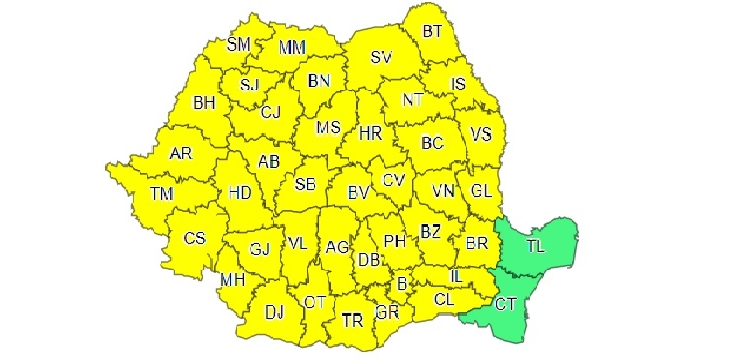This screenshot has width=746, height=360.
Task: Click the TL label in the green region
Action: tap(536, 245)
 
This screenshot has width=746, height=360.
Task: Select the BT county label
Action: tap(432, 32)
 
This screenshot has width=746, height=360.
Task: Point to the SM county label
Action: tap(239, 44)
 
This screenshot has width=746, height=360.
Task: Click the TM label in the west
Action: tap(161, 193)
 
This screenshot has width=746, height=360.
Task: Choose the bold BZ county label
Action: tap(430, 231)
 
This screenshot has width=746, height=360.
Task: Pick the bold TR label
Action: tap(352, 320)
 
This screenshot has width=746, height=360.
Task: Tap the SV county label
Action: tap(381, 58)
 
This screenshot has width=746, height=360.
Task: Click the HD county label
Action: tap(240, 193)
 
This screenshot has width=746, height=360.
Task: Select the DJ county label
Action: tap(275, 312)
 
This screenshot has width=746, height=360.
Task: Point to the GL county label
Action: tap(483, 189)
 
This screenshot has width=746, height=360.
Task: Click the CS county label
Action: tap(194, 238)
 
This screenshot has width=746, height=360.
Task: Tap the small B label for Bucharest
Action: tap(402, 285)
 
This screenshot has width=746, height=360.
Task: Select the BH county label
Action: tap(204, 102)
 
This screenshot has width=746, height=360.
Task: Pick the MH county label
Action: tap(233, 281)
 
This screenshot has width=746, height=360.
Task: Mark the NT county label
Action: tap(413, 100)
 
